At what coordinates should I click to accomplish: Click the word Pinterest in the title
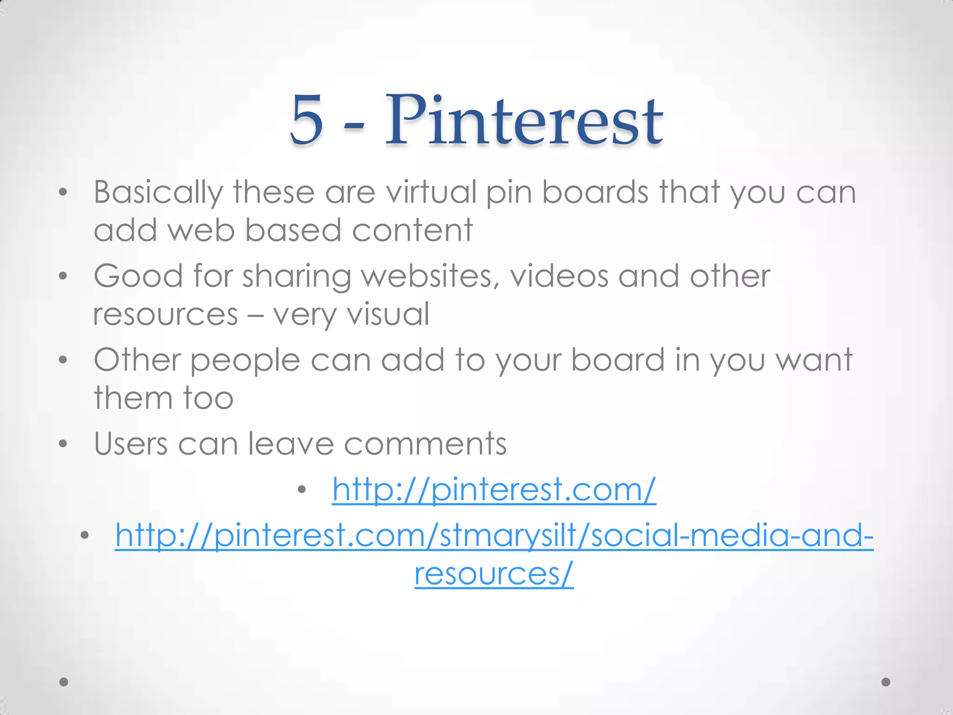coord(524,120)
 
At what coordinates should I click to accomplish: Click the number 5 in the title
coord(306,120)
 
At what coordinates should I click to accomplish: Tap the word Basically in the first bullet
coord(158,193)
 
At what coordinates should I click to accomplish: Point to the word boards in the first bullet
coord(595,192)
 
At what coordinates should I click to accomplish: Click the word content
coord(412,230)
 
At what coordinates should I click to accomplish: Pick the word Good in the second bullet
coord(139,276)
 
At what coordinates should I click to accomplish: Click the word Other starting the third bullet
coord(138,360)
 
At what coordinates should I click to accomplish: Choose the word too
coord(208,398)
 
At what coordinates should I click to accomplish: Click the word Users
coord(131,444)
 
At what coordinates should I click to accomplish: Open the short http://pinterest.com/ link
coord(494,490)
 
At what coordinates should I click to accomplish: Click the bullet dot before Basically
coord(63,192)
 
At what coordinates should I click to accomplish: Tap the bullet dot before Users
coord(63,444)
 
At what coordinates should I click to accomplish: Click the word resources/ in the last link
coord(494,573)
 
